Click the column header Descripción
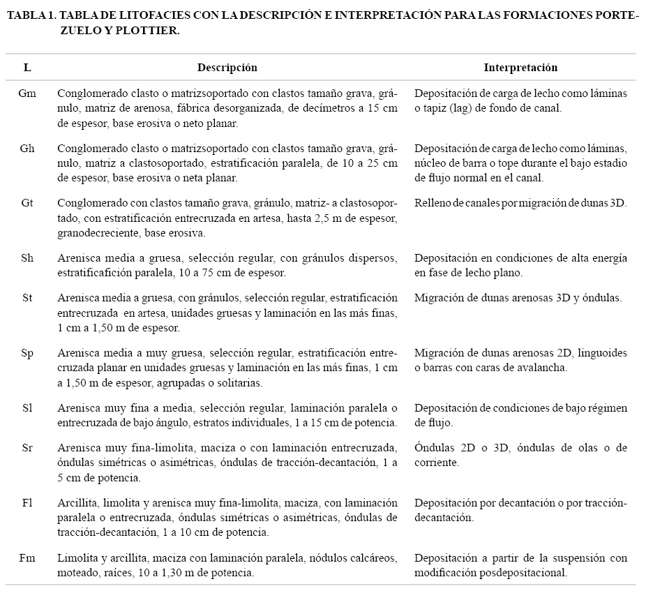227,68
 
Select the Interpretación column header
520,68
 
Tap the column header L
27,68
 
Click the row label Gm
28,93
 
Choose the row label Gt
27,203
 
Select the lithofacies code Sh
27,258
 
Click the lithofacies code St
27,298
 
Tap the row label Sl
27,407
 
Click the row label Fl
27,502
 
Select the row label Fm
27,557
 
